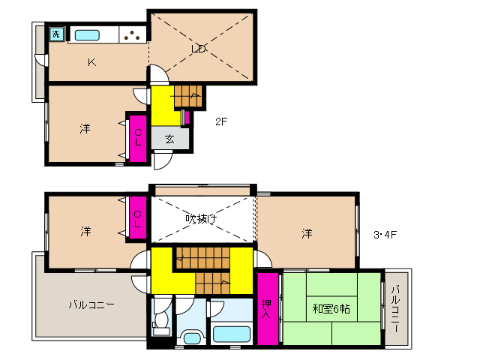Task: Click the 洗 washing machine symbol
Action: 56,34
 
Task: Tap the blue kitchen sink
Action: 87,34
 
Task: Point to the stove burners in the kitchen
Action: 132,34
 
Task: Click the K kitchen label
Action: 91,62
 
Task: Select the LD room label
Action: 199,49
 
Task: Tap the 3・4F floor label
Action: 385,234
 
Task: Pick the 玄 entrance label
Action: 170,139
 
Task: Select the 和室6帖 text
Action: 330,308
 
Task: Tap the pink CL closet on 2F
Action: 138,137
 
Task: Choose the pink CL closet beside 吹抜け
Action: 138,218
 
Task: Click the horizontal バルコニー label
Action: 91,305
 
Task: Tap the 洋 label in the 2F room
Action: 85,129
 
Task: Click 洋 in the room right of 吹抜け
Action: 307,233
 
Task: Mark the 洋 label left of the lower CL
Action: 85,232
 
